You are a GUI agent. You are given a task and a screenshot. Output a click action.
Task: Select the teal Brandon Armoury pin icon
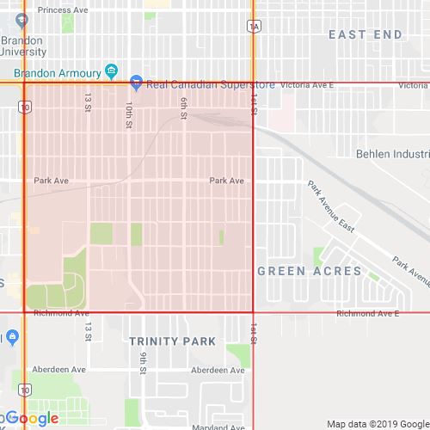tap(110, 70)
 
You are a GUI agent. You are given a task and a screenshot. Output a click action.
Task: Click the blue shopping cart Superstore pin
tap(136, 83)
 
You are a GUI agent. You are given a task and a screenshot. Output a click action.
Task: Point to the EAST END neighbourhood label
tap(365, 34)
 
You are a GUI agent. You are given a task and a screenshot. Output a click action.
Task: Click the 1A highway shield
tap(253, 27)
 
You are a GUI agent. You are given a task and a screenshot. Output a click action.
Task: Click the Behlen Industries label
tap(392, 154)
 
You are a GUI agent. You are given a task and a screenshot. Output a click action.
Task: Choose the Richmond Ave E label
tap(367, 314)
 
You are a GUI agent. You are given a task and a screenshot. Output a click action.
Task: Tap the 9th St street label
tap(144, 363)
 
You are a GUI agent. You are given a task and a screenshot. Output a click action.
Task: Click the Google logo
tap(33, 419)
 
